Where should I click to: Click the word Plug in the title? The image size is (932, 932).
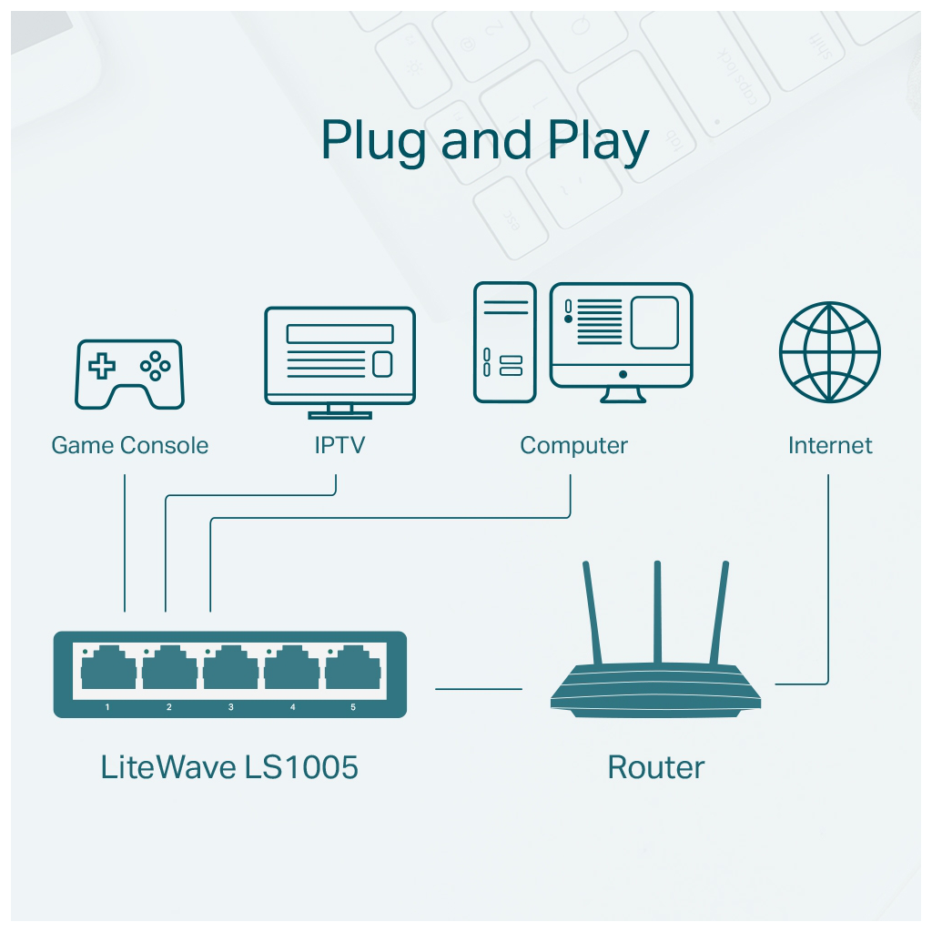[374, 143]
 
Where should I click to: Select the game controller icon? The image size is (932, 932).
[129, 373]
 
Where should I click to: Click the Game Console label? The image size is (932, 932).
[129, 446]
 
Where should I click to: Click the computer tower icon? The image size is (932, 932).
[504, 341]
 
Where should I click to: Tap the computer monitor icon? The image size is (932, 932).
[622, 339]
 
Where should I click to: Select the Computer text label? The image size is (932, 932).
[573, 446]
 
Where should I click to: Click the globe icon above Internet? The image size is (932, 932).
[829, 352]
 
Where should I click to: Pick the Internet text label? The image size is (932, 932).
[829, 446]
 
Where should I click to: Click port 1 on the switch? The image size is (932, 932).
[108, 672]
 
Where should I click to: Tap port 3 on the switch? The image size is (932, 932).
[230, 672]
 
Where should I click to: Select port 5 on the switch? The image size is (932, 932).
[352, 672]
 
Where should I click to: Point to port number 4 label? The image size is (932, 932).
[292, 707]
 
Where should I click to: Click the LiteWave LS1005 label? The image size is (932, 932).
[229, 767]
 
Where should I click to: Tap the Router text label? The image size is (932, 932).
[655, 767]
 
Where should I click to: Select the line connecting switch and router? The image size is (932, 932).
[479, 689]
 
